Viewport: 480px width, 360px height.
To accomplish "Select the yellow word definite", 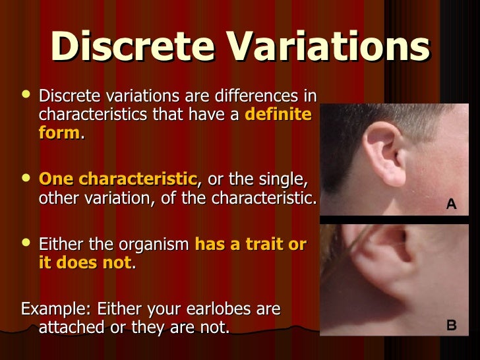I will [x=278, y=114].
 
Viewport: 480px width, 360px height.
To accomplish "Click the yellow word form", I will [x=59, y=133].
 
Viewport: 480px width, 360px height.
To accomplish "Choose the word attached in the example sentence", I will [x=73, y=327].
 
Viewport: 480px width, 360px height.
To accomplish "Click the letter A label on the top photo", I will [x=451, y=204].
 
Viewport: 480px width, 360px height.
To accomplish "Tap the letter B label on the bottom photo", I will [x=451, y=325].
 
